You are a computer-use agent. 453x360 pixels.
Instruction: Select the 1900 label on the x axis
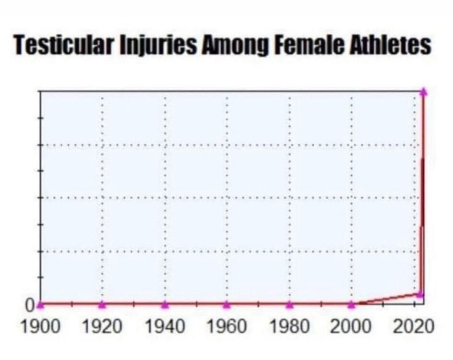point(41,327)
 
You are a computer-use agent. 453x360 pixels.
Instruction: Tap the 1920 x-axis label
point(102,327)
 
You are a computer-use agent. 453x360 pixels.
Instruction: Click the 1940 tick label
point(165,327)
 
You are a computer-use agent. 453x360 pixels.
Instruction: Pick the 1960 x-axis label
point(227,327)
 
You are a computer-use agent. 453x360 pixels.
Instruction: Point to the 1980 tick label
point(289,327)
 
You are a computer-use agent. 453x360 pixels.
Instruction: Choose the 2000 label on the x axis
point(351,327)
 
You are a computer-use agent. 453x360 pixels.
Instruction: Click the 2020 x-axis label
point(414,327)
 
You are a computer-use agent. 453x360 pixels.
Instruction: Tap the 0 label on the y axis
point(30,305)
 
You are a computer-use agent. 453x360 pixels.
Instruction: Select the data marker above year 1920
point(102,304)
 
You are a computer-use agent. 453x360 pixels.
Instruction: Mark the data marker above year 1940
point(165,304)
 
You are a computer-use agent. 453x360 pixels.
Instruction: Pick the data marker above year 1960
point(227,304)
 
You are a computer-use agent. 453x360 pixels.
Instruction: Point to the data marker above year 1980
point(289,304)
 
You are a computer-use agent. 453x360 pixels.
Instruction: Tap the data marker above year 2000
point(351,304)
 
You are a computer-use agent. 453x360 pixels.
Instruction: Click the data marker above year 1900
point(41,304)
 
